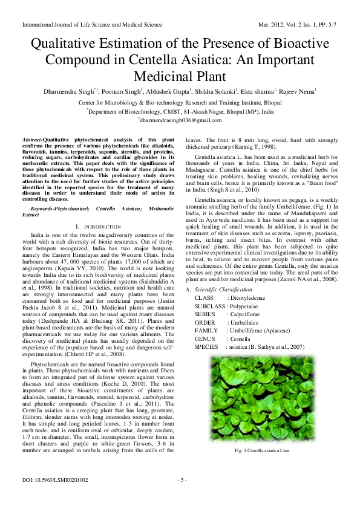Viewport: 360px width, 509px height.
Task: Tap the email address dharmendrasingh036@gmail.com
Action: click(180, 120)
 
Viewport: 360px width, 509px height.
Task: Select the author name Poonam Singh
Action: click(122, 91)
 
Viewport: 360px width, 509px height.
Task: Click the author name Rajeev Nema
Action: click(297, 91)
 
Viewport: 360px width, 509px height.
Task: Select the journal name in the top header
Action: click(92, 25)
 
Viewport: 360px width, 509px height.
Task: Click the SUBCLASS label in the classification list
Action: click(209, 323)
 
